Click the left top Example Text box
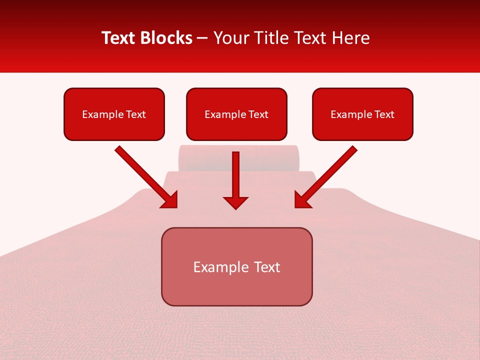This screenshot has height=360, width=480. tap(114, 114)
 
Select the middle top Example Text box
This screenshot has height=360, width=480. tap(236, 114)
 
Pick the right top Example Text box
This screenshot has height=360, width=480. tap(362, 114)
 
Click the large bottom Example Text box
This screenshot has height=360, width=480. tap(236, 267)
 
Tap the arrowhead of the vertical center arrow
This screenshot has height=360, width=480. tap(235, 202)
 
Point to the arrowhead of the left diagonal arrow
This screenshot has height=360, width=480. tap(170, 200)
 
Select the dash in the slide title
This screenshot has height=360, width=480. tap(202, 38)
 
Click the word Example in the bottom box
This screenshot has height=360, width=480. tap(220, 267)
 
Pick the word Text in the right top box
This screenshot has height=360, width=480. tap(384, 114)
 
